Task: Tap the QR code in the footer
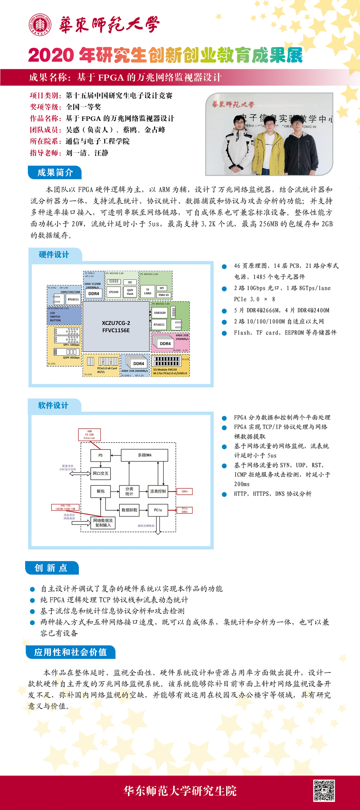click(324, 791)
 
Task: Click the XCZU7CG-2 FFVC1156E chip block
click(116, 326)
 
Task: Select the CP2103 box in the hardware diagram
click(113, 292)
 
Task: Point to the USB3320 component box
click(159, 312)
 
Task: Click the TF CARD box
click(147, 291)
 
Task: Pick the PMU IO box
click(163, 295)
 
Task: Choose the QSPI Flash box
click(130, 292)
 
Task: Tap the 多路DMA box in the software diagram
click(144, 455)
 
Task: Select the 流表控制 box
click(157, 491)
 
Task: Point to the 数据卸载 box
click(129, 510)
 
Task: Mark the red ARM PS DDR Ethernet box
click(89, 435)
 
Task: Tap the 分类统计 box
click(129, 491)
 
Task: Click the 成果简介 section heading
click(55, 172)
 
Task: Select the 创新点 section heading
click(51, 567)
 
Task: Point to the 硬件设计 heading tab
click(54, 254)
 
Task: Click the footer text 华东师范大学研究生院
click(180, 791)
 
